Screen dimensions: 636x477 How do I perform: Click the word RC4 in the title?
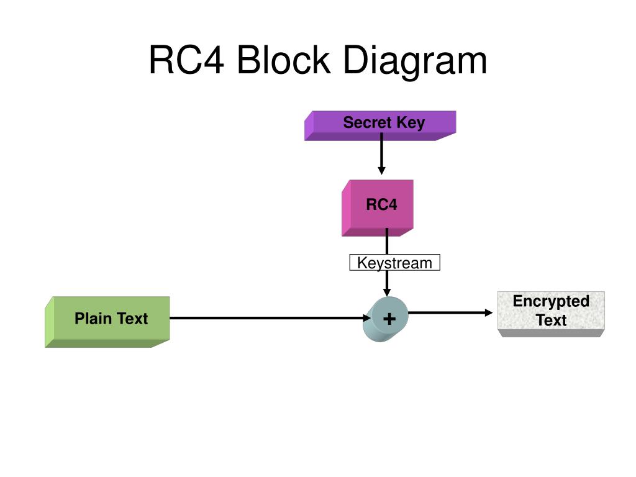pyautogui.click(x=186, y=60)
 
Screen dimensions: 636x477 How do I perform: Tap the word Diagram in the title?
pyautogui.click(x=415, y=61)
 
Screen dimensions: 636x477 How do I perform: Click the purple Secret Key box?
pyautogui.click(x=380, y=125)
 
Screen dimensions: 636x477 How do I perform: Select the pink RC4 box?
pyautogui.click(x=378, y=208)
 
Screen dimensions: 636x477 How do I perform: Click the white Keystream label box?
pyautogui.click(x=394, y=263)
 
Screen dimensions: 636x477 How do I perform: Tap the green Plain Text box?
pyautogui.click(x=107, y=322)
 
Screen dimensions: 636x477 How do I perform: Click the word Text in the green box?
pyautogui.click(x=132, y=319)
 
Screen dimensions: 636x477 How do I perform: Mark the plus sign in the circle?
pyautogui.click(x=389, y=319)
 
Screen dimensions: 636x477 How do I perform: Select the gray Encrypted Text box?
pyautogui.click(x=552, y=314)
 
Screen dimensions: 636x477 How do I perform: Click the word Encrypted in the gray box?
pyautogui.click(x=552, y=302)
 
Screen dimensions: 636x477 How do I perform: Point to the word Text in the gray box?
pyautogui.click(x=552, y=320)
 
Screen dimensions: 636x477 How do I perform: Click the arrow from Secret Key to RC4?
pyautogui.click(x=381, y=154)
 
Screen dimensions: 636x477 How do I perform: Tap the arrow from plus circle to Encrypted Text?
pyautogui.click(x=450, y=313)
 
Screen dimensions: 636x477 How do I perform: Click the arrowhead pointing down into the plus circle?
pyautogui.click(x=387, y=293)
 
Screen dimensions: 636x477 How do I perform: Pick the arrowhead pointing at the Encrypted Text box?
pyautogui.click(x=489, y=313)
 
